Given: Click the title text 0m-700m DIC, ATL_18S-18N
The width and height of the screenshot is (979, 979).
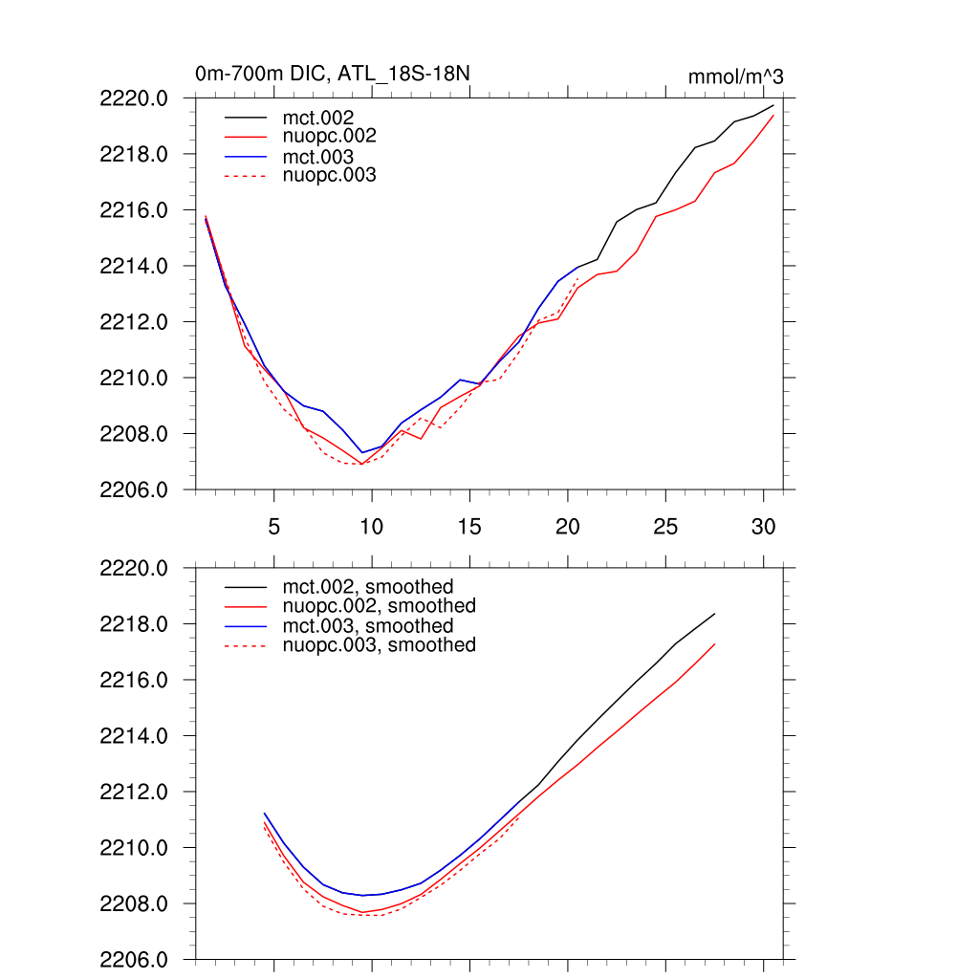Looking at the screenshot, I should click(332, 74).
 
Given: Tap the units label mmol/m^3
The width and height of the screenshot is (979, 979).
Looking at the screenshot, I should click(735, 76).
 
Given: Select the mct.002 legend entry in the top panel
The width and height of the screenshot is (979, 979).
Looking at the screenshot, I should click(325, 118).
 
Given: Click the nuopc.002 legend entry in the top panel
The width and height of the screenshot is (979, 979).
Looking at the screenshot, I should click(337, 137).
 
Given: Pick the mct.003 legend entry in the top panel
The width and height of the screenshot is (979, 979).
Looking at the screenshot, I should click(325, 156).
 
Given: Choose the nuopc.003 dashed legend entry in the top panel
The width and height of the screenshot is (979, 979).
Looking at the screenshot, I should click(337, 175).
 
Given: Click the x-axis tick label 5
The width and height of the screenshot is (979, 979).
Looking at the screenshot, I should click(273, 527).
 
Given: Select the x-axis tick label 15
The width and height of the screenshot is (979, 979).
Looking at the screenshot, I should click(469, 527).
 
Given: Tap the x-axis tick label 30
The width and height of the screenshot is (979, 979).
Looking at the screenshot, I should click(762, 527).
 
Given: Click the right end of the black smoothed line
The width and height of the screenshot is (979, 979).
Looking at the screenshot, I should click(714, 614).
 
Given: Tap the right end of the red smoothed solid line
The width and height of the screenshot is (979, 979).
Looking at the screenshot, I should click(714, 644).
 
